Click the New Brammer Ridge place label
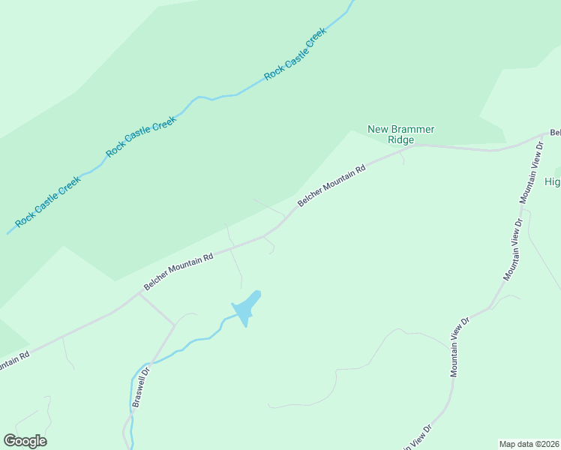point(400,134)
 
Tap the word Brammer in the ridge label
point(411,129)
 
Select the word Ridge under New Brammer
point(401,139)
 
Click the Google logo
point(25,441)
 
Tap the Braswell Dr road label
point(141,386)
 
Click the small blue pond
point(247,307)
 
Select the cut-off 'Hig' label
point(552,182)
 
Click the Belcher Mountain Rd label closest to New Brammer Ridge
point(331,185)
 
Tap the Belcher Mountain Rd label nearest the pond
point(178,271)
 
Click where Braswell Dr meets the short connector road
point(175,325)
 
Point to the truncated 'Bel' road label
point(555,133)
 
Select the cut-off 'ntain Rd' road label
point(13,362)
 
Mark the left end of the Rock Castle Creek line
point(8,232)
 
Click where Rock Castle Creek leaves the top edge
point(351,1)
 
